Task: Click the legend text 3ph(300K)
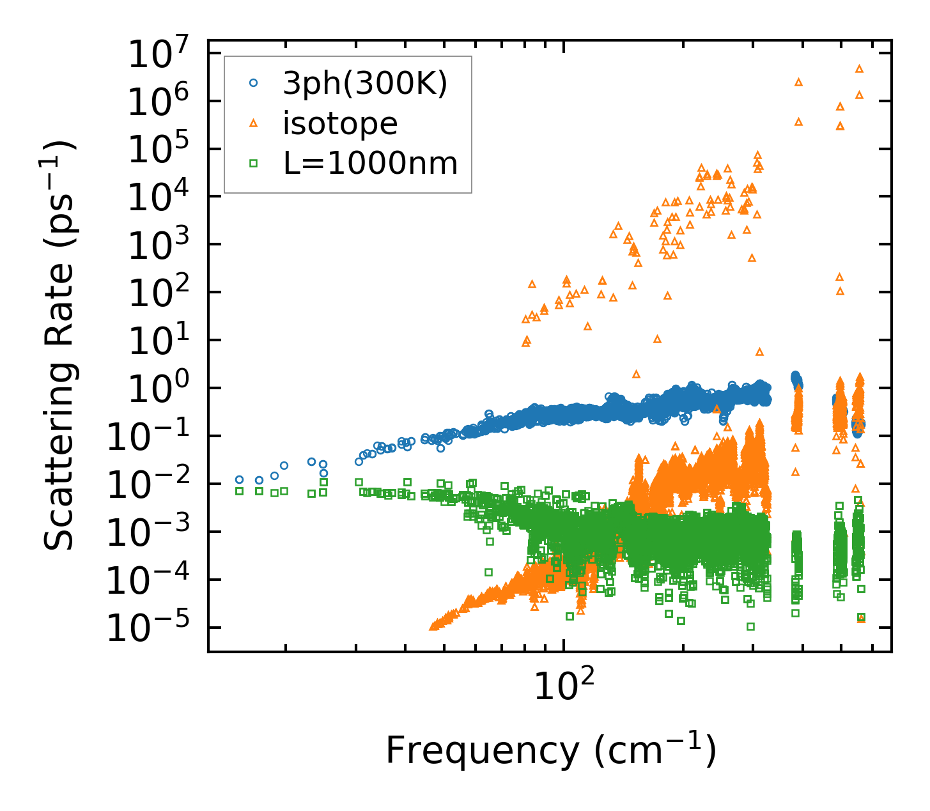365,83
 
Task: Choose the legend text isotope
340,123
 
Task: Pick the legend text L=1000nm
370,164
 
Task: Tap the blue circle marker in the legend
254,83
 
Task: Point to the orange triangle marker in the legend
254,124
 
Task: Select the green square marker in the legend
254,164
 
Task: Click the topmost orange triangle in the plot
859,68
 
